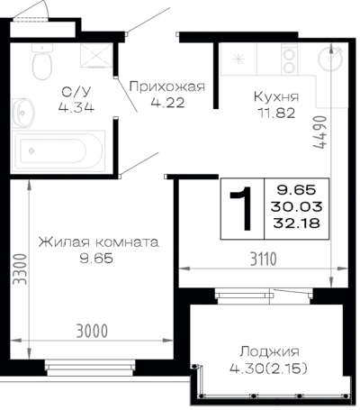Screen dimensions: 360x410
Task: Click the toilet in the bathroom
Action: (x=42, y=61)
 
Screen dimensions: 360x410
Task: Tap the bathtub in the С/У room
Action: (x=58, y=151)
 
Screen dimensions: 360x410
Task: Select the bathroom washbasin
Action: (x=23, y=113)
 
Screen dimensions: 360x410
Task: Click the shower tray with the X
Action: (x=96, y=55)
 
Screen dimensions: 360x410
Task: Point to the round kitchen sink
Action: (x=330, y=59)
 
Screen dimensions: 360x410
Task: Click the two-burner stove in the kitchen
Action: (x=290, y=59)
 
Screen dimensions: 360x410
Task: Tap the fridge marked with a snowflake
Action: (x=238, y=59)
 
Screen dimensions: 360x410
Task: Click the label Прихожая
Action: (x=167, y=87)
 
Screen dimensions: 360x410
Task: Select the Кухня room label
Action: (x=276, y=97)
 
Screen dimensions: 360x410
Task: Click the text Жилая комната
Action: (x=98, y=242)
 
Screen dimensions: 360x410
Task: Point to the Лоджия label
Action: (x=269, y=351)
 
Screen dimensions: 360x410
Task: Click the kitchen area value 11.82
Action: (x=276, y=114)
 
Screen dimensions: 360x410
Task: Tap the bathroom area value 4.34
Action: (x=76, y=107)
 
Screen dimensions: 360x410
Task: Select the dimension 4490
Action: (x=319, y=132)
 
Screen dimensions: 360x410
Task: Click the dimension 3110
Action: (x=264, y=260)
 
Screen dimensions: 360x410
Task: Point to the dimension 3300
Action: (x=21, y=269)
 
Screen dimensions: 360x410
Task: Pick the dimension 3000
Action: (x=92, y=332)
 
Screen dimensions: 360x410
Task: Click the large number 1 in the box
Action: (x=242, y=209)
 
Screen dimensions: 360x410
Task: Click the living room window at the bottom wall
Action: (x=90, y=368)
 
